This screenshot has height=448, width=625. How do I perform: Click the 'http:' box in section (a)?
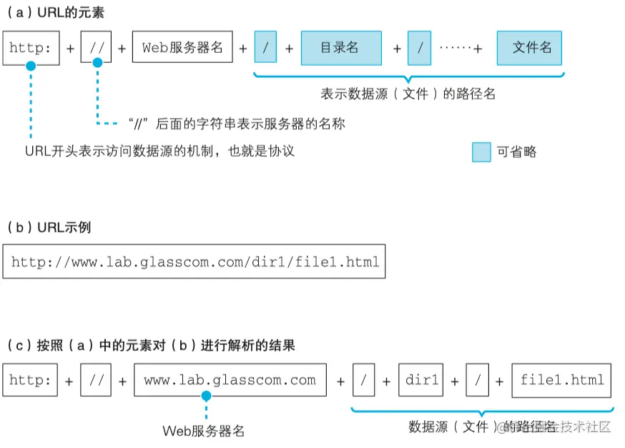click(31, 48)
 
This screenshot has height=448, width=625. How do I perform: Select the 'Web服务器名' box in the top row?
click(182, 48)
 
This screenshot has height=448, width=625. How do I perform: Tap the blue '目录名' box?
click(340, 48)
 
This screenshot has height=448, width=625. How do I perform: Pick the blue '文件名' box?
click(529, 48)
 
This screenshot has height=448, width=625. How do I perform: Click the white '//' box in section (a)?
click(96, 48)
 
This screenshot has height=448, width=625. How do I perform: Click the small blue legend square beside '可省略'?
click(481, 151)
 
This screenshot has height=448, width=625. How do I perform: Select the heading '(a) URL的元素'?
click(55, 13)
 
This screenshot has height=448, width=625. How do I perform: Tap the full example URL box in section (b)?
click(195, 262)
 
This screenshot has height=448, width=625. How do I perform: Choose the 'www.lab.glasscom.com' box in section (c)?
click(230, 380)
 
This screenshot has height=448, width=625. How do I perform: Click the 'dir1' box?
click(421, 380)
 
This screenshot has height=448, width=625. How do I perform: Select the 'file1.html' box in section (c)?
click(561, 380)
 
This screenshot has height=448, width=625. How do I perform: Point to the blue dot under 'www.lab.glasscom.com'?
click(206, 395)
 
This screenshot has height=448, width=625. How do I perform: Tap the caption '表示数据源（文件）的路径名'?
click(408, 94)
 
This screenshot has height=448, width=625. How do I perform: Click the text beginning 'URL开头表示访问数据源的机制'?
click(159, 151)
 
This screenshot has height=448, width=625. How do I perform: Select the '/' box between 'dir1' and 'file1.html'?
click(476, 380)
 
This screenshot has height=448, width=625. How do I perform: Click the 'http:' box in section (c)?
click(30, 380)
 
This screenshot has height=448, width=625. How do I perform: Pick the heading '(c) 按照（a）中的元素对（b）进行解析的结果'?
click(149, 346)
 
